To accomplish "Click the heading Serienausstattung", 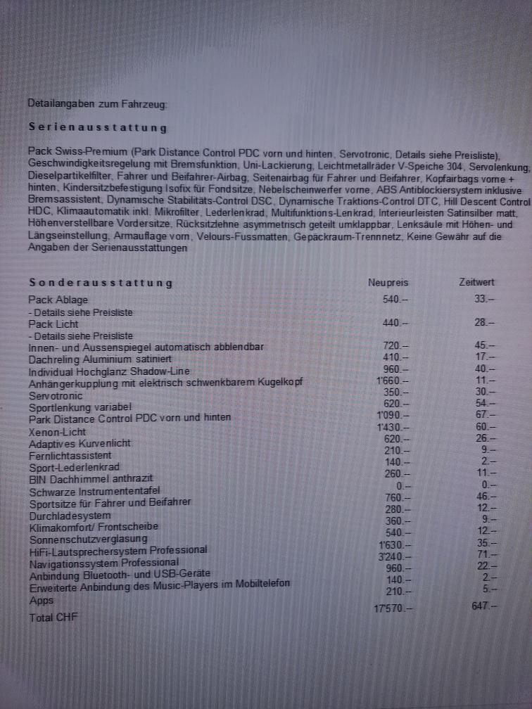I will tap(98, 127).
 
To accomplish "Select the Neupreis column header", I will tap(388, 282).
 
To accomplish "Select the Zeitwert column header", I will tap(476, 282).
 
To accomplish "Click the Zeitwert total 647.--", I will tap(483, 605).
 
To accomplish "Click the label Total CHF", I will tap(53, 618).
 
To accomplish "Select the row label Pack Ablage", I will tap(58, 300).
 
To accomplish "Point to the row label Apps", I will tap(41, 601).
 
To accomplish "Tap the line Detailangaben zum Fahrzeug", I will tap(97, 103).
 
